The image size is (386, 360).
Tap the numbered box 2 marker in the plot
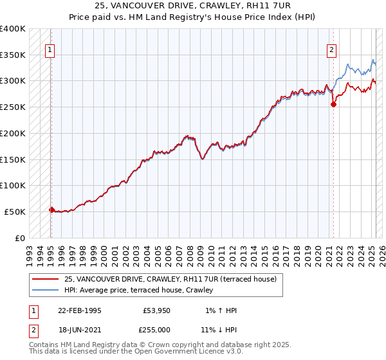click(332, 50)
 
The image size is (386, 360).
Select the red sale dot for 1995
click(52, 209)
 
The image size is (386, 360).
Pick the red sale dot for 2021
click(333, 104)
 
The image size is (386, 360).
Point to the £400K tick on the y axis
click(12, 29)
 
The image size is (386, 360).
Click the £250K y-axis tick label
click(12, 107)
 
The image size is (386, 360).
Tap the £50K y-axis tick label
click(15, 212)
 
